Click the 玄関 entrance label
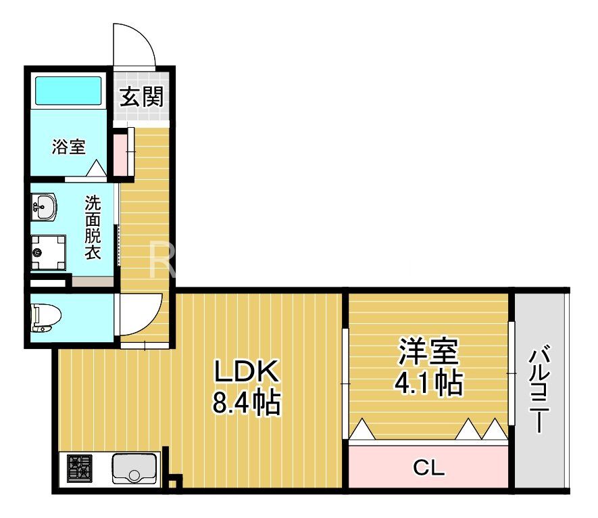(x=142, y=97)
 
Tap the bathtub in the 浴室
(x=68, y=90)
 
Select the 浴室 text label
(x=69, y=147)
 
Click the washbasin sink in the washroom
(x=45, y=206)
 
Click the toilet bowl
(x=46, y=317)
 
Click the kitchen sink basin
(x=134, y=468)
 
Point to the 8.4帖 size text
(x=246, y=404)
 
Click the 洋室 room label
(x=428, y=352)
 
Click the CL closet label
(x=428, y=467)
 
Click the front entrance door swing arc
(x=135, y=44)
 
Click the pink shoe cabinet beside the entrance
(x=120, y=154)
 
